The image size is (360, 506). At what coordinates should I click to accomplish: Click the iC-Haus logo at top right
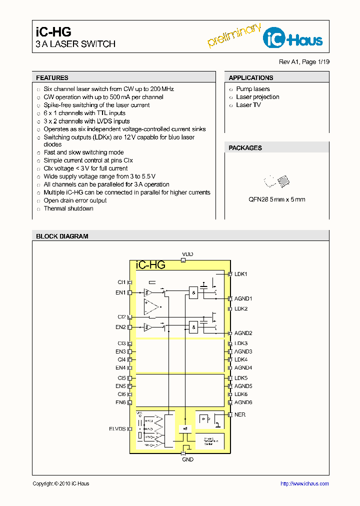[293, 38]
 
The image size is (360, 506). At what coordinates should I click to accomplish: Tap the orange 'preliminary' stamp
[234, 35]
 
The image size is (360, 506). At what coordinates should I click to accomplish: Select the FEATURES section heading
[52, 78]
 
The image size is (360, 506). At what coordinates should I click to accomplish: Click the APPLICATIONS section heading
[250, 78]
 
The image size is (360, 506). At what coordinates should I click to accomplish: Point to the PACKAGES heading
[245, 148]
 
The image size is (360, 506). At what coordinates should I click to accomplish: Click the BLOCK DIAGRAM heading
[62, 236]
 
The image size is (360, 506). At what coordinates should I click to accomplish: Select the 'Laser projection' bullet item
[257, 97]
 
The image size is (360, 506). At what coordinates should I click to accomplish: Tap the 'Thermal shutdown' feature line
[68, 208]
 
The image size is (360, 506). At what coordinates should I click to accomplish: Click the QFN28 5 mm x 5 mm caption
[276, 199]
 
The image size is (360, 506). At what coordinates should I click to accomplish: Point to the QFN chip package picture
[276, 181]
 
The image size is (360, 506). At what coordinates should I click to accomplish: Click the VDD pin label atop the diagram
[187, 254]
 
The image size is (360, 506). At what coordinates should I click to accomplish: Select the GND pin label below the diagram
[187, 459]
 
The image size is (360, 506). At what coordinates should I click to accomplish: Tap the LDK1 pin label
[241, 274]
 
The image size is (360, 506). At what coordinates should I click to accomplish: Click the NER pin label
[240, 414]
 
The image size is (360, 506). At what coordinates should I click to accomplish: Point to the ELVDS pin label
[117, 428]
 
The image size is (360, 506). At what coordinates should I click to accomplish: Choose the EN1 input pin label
[120, 292]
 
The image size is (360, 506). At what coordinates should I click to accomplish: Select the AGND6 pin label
[243, 402]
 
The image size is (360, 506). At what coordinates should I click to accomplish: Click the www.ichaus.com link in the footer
[304, 483]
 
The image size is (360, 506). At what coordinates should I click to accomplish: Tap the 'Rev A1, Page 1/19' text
[304, 62]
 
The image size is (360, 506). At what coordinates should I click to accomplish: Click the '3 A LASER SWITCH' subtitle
[75, 44]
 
